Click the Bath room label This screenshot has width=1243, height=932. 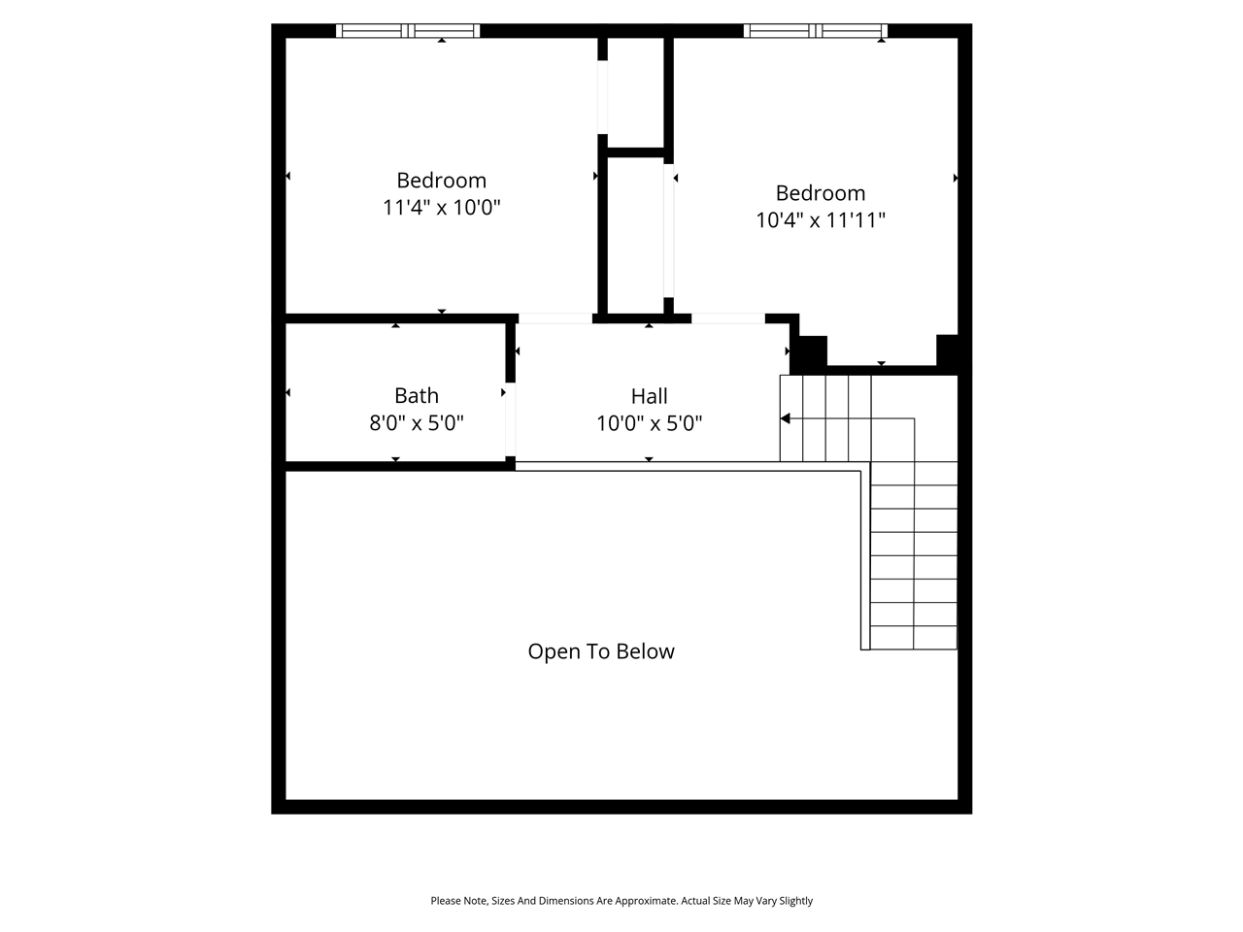pyautogui.click(x=416, y=395)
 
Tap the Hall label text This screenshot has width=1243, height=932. pyautogui.click(x=649, y=396)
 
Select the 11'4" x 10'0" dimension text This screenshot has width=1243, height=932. pyautogui.click(x=441, y=208)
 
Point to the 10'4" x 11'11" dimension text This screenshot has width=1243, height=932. pyautogui.click(x=820, y=220)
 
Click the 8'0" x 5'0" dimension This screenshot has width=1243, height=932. pyautogui.click(x=416, y=423)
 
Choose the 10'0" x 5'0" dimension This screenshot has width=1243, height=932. pyautogui.click(x=649, y=423)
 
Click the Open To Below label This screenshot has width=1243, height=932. pyautogui.click(x=600, y=651)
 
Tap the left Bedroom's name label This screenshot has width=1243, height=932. pyautogui.click(x=441, y=181)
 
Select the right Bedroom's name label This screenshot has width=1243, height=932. pyautogui.click(x=820, y=193)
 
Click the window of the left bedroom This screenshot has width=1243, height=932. pyautogui.click(x=408, y=31)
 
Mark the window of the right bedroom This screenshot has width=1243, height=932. pyautogui.click(x=816, y=31)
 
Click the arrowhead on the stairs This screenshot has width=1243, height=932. pyautogui.click(x=786, y=418)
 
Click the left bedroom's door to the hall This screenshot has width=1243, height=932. pyautogui.click(x=555, y=318)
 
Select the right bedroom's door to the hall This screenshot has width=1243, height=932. pyautogui.click(x=728, y=318)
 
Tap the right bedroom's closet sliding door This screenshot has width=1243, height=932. pyautogui.click(x=668, y=231)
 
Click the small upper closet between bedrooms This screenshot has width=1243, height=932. pyautogui.click(x=635, y=93)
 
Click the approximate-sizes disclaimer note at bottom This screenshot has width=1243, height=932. pyautogui.click(x=621, y=901)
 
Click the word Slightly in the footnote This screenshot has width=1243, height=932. pyautogui.click(x=795, y=901)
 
